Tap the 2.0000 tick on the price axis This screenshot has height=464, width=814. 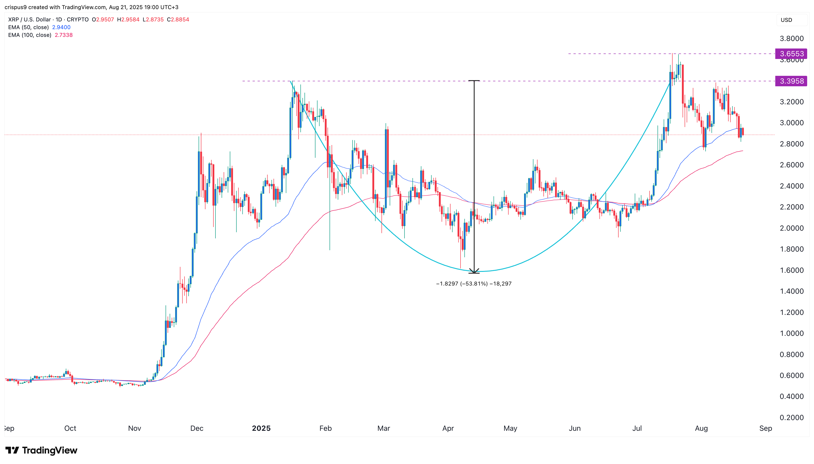pyautogui.click(x=791, y=228)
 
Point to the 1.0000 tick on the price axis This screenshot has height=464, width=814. pyautogui.click(x=791, y=333)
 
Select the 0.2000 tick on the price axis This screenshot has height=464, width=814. pyautogui.click(x=791, y=418)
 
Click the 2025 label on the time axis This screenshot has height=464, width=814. pyautogui.click(x=261, y=428)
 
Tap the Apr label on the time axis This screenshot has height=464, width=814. pyautogui.click(x=448, y=428)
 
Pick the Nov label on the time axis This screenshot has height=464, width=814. pyautogui.click(x=135, y=428)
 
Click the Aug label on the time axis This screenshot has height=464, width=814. pyautogui.click(x=701, y=428)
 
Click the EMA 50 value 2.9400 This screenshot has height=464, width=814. pyautogui.click(x=61, y=27)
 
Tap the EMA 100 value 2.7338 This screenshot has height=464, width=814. pyautogui.click(x=64, y=35)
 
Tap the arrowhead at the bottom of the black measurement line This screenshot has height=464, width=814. pyautogui.click(x=474, y=272)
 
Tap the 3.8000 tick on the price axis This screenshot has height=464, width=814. pyautogui.click(x=791, y=38)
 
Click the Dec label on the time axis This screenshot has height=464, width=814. pyautogui.click(x=197, y=428)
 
